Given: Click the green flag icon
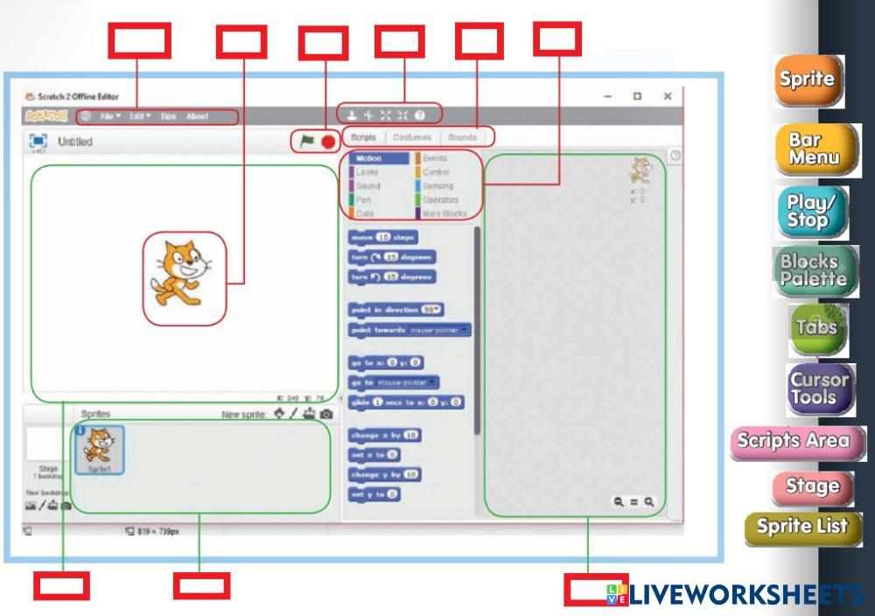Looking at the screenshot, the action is pyautogui.click(x=306, y=140).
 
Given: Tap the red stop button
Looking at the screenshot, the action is pyautogui.click(x=328, y=140).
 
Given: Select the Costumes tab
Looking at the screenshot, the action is pyautogui.click(x=411, y=137).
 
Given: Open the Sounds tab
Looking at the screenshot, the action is pyautogui.click(x=462, y=137).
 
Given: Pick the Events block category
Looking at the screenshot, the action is pyautogui.click(x=435, y=159).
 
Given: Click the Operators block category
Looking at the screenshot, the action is pyautogui.click(x=440, y=199).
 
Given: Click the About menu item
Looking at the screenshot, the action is pyautogui.click(x=197, y=116).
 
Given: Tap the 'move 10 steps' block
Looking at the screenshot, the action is pyautogui.click(x=383, y=237).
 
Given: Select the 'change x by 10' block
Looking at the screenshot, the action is pyautogui.click(x=385, y=434).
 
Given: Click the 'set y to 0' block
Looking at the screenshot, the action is pyautogui.click(x=374, y=494).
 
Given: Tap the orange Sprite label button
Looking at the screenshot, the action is pyautogui.click(x=808, y=80).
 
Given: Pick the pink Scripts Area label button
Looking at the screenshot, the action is pyautogui.click(x=797, y=441).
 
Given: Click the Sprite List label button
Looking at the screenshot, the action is pyautogui.click(x=803, y=527).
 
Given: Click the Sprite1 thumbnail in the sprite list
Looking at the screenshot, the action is pyautogui.click(x=98, y=449).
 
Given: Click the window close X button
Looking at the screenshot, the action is pyautogui.click(x=668, y=96).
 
